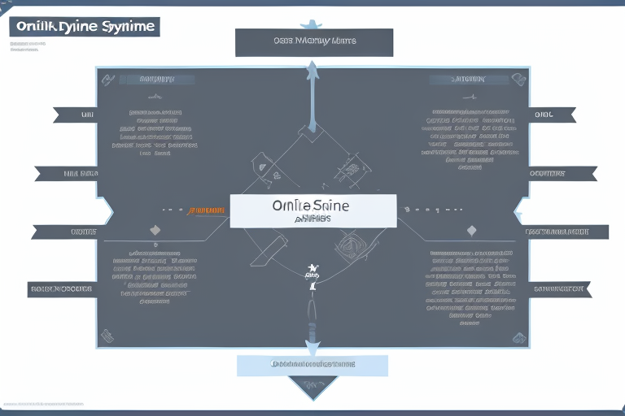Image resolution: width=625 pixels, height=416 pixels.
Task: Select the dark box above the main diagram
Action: pos(313,42)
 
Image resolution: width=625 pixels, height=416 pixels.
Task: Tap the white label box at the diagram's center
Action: pos(313,210)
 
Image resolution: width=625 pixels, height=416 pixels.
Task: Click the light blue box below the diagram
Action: pos(313,365)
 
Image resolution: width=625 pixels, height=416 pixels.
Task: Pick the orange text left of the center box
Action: pos(207,210)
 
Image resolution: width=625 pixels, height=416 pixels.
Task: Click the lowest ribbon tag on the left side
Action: pos(62,288)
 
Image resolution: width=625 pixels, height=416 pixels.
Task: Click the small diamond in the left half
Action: pos(156,232)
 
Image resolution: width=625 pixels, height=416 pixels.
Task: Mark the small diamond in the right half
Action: pos(470,232)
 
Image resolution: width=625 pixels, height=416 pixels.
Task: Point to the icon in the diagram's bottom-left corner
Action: pos(106,335)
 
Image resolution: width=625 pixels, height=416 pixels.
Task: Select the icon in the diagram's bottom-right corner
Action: pos(519,336)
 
